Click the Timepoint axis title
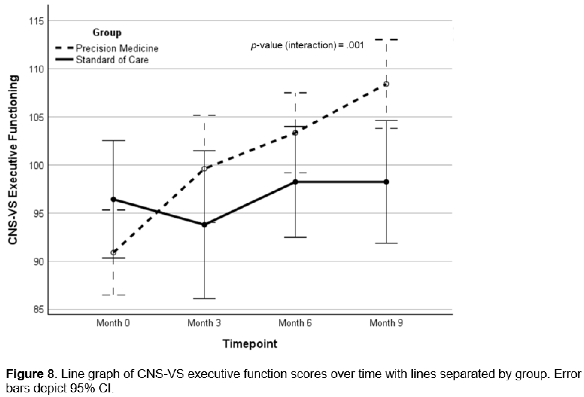[x=250, y=344]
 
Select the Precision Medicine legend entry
[x=107, y=48]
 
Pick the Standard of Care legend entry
[x=102, y=60]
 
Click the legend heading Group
[x=107, y=33]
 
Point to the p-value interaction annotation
[x=307, y=45]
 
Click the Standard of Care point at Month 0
[x=113, y=199]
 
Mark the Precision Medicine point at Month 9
[x=386, y=84]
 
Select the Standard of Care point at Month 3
[x=204, y=225]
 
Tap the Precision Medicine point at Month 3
[x=204, y=168]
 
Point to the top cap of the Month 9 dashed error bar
[x=386, y=39]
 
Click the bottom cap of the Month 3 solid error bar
[x=204, y=299]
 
